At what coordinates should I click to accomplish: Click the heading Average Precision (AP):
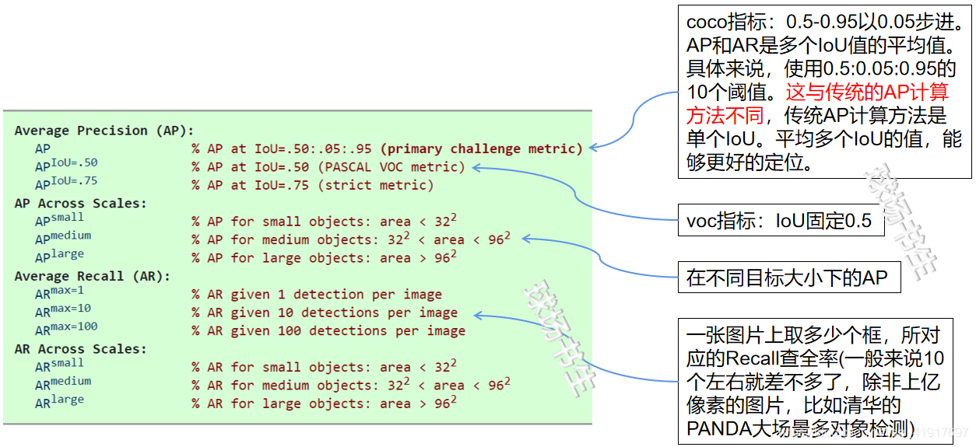point(104,131)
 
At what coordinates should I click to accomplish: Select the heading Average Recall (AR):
point(92,276)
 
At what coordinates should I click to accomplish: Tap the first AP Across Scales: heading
point(80,204)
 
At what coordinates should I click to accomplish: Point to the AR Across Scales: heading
point(80,349)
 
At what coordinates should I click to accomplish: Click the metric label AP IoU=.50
point(66,166)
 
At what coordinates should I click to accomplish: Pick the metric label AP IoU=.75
point(66,184)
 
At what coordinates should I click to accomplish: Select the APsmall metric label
point(59,220)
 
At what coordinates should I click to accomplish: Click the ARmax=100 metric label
point(66,330)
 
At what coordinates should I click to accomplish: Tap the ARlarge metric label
point(59,402)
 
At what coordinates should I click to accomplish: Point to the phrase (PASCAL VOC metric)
point(391,167)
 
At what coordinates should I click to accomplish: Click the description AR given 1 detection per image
point(317,295)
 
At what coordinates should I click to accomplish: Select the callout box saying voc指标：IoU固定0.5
point(779,222)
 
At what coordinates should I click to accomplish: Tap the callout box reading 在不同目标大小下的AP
point(787,278)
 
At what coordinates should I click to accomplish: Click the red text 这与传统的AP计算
point(867,93)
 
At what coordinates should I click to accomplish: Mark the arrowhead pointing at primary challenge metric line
point(593,146)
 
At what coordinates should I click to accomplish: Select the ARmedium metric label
point(63,383)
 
